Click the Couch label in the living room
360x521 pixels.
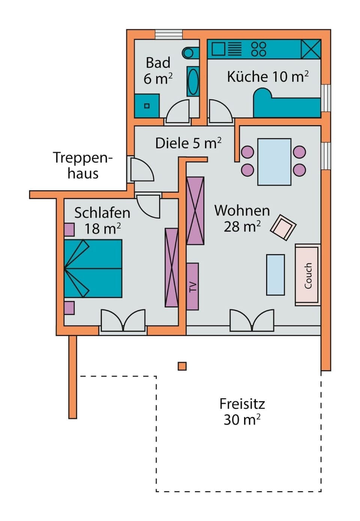(308, 276)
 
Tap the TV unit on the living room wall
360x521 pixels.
(192, 287)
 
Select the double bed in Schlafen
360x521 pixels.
(93, 269)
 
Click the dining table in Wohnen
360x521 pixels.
(274, 162)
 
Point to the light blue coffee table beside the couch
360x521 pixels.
(275, 275)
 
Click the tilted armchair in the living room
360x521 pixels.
(283, 227)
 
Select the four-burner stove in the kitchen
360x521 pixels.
(258, 49)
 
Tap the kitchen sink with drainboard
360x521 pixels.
(225, 49)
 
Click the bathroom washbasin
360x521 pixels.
(193, 82)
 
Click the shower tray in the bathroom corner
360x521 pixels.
(147, 106)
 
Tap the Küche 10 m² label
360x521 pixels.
(268, 77)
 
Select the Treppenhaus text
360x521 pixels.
(83, 165)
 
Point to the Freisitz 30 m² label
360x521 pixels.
(242, 411)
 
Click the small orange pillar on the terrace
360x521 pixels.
(182, 366)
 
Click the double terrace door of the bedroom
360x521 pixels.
(123, 321)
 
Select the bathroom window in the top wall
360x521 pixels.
(169, 34)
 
